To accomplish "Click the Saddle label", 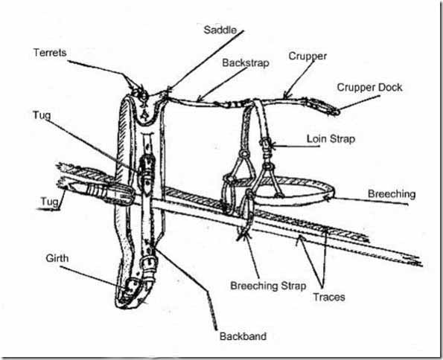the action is click(220, 30).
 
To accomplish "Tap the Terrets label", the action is click(50, 53).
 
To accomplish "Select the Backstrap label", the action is click(246, 62).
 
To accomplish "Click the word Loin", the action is click(316, 139).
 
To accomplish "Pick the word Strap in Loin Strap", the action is click(341, 139).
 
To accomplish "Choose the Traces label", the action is click(329, 297).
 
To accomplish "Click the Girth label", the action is click(57, 258).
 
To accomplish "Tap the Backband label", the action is click(243, 336).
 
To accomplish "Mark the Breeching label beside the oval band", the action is click(392, 194).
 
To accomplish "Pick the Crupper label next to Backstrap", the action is click(307, 57).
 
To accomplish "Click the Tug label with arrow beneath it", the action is click(49, 202).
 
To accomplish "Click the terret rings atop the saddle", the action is click(141, 92).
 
